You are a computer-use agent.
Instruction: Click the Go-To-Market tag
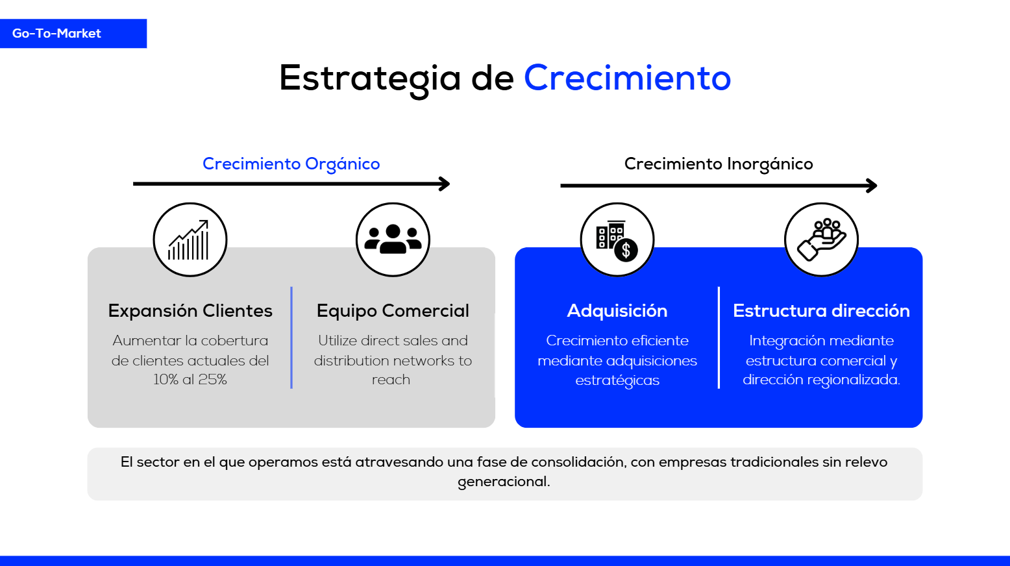coord(57,34)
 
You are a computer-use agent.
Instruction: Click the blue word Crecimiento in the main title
coord(627,78)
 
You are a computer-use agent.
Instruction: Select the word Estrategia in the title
coord(369,78)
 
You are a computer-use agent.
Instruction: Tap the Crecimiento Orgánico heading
coord(291,164)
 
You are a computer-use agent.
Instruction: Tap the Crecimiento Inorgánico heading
coord(718,164)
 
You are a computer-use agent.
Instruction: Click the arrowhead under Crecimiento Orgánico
coord(445,184)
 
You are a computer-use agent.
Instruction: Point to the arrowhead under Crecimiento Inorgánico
coord(872,186)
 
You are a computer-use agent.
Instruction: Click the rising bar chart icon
coord(190,240)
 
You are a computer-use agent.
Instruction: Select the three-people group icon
coord(393,240)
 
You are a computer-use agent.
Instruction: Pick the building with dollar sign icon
coord(617,240)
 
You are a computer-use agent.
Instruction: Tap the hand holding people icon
coord(821,240)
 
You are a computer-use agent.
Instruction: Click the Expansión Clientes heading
coord(190,311)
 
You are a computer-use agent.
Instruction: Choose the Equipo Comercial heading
coord(393,311)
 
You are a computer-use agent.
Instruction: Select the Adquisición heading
coord(617,311)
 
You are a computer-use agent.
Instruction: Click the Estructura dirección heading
coord(821,311)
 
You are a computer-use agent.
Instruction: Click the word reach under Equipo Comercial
coord(391,380)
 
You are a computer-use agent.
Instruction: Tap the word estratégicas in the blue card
coord(617,380)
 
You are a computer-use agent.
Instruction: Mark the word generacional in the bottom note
coord(504,482)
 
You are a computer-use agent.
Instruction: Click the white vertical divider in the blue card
coord(719,338)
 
